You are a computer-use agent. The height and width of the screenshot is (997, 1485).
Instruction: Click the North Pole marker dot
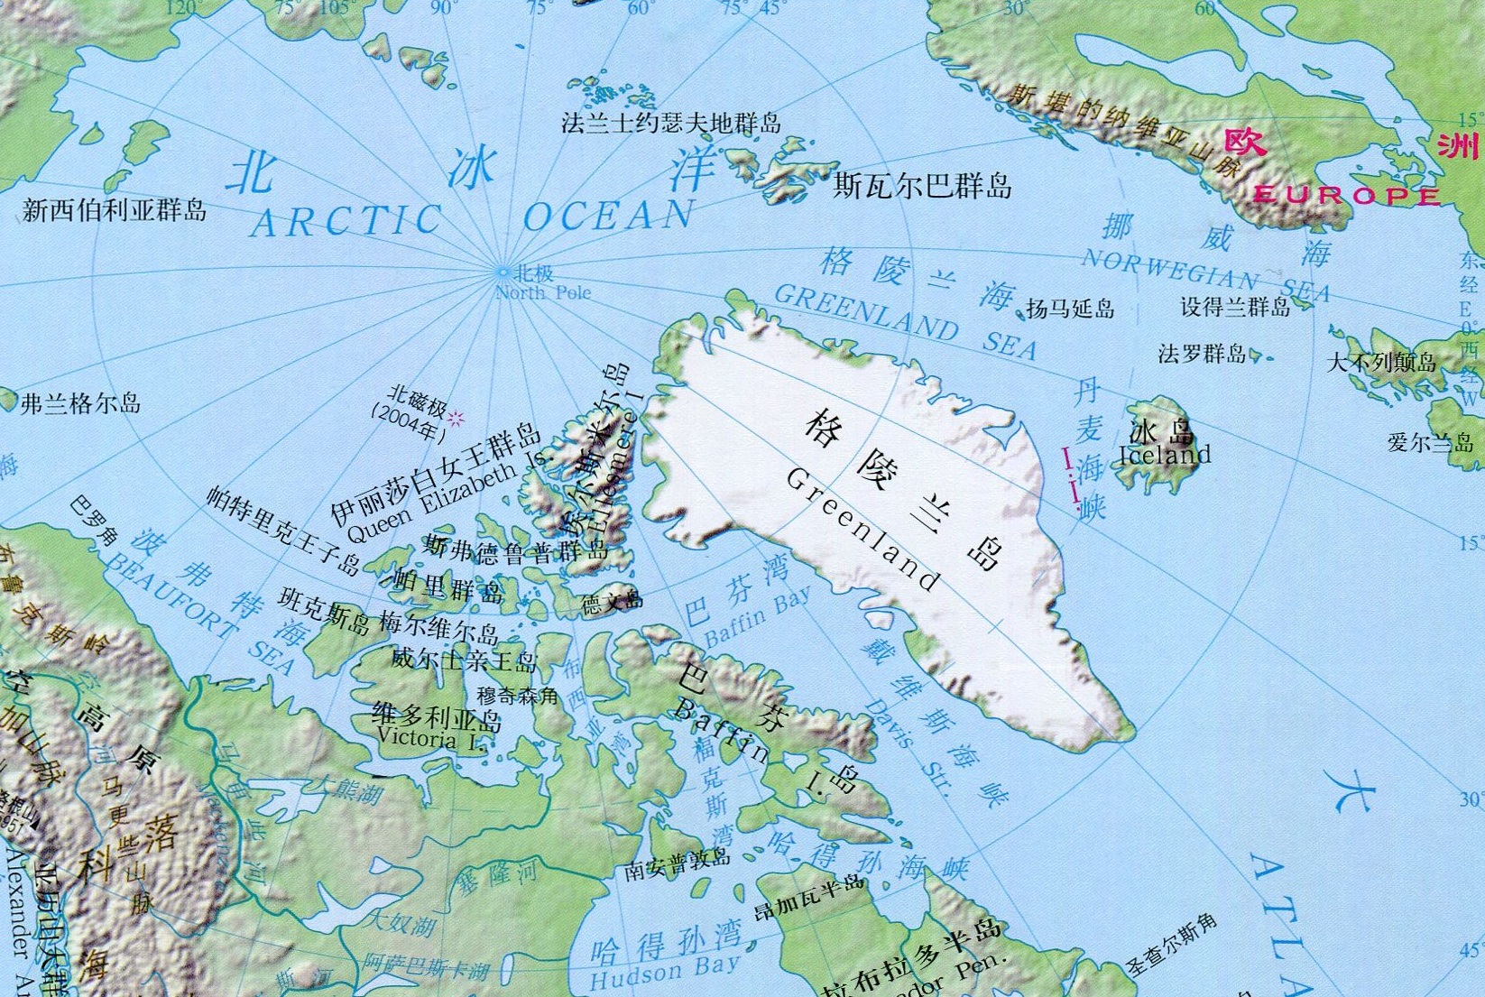point(503,271)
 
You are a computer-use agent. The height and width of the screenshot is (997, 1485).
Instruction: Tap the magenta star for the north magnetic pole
point(457,418)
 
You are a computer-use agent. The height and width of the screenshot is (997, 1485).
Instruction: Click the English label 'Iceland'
point(1164,455)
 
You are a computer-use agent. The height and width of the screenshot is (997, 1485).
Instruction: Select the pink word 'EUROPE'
point(1347,196)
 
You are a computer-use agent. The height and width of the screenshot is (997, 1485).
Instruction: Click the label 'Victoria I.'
point(431,739)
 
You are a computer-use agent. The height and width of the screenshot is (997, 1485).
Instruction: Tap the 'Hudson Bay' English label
point(664,973)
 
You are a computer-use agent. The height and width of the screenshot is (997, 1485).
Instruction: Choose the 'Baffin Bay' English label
point(757,616)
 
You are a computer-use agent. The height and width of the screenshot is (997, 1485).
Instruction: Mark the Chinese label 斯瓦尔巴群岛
point(922,185)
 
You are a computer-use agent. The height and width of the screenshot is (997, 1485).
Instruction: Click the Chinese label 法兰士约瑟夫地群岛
point(671,122)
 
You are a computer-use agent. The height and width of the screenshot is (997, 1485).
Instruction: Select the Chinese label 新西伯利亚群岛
point(115,210)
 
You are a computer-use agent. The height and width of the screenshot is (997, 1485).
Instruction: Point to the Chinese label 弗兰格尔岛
point(81,403)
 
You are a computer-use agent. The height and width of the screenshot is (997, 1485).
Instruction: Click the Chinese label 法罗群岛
point(1202,354)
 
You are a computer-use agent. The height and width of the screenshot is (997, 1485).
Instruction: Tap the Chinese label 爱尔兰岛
point(1430,442)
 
